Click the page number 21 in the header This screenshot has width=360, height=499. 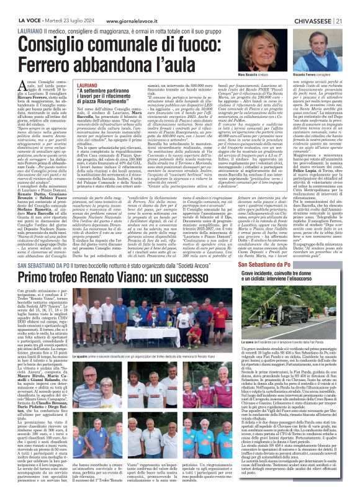(352, 6)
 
